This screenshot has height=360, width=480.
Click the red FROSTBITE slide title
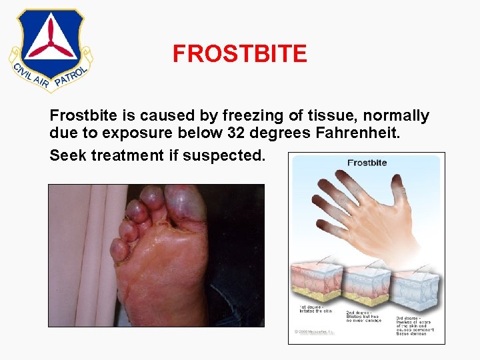pos(240,53)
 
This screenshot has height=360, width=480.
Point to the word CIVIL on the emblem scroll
pos(22,66)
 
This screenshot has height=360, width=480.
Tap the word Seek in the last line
pos(68,155)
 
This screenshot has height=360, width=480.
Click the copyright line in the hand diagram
pos(315,331)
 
